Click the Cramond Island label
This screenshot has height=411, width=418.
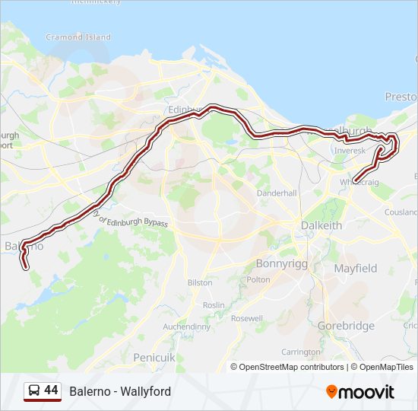coord(78,37)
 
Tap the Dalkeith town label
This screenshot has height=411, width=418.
coord(321,226)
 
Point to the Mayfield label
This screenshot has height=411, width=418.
coord(356,269)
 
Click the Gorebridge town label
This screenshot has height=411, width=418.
coord(346,326)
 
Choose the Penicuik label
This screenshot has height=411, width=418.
coord(154,357)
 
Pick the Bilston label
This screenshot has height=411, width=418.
coord(200,282)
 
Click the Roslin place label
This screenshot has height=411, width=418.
coord(214,305)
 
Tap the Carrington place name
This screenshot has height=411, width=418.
coord(301,352)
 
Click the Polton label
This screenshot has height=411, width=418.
coord(258,279)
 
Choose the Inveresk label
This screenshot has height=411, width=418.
coord(350,151)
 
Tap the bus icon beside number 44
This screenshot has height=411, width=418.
coord(34,391)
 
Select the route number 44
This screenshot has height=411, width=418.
coord(51,390)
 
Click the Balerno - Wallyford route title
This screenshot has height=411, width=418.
coord(120,392)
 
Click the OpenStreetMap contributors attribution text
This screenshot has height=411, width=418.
coord(290,367)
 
